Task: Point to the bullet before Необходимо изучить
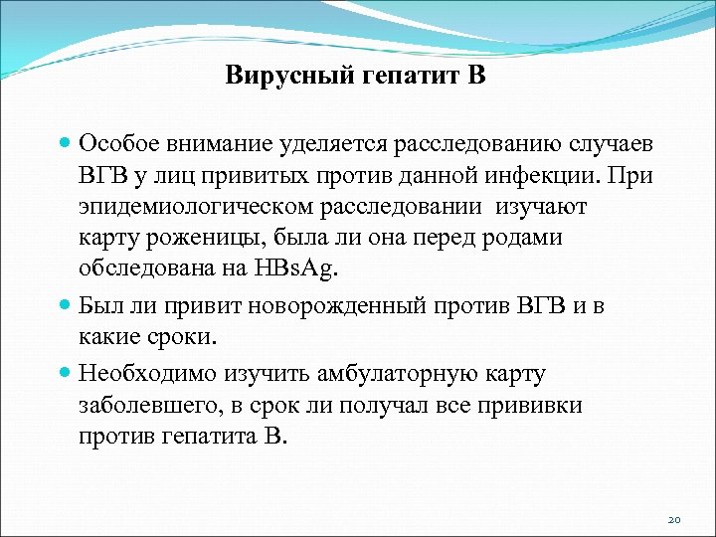pos(65,374)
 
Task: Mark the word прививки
pos(534,406)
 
